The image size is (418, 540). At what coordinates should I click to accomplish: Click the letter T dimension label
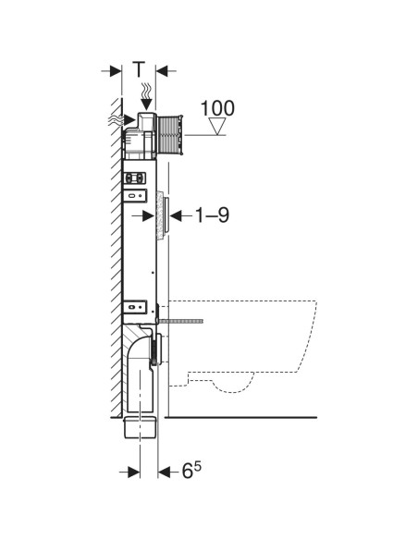pos(139,69)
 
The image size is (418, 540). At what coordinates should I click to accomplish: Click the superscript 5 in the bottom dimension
pos(199,467)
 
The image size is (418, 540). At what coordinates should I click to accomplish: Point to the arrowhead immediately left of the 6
pos(165,472)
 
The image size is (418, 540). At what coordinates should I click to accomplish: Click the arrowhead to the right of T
pos(161,70)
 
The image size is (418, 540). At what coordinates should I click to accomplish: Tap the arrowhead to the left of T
pos(117,70)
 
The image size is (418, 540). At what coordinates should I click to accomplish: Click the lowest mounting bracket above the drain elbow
pos(135,306)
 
